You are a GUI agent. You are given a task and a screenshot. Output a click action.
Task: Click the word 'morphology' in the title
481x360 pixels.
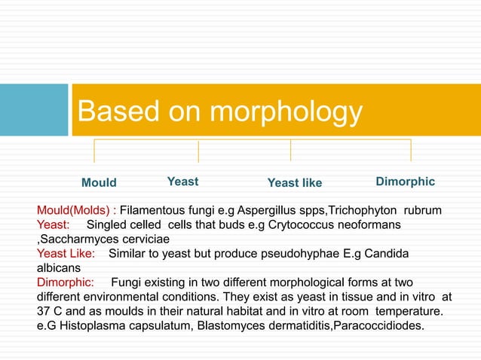click(x=286, y=112)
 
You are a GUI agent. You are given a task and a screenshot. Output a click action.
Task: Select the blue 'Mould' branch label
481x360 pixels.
click(x=99, y=183)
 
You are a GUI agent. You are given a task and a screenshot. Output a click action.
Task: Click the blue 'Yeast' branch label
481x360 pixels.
click(x=182, y=182)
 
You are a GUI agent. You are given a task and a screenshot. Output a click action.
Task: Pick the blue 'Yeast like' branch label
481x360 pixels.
click(x=295, y=183)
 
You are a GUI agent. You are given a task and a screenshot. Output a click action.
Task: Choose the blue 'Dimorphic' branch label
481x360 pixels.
click(x=405, y=182)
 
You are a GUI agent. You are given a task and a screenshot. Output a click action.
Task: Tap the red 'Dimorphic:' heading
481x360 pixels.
click(x=66, y=282)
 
